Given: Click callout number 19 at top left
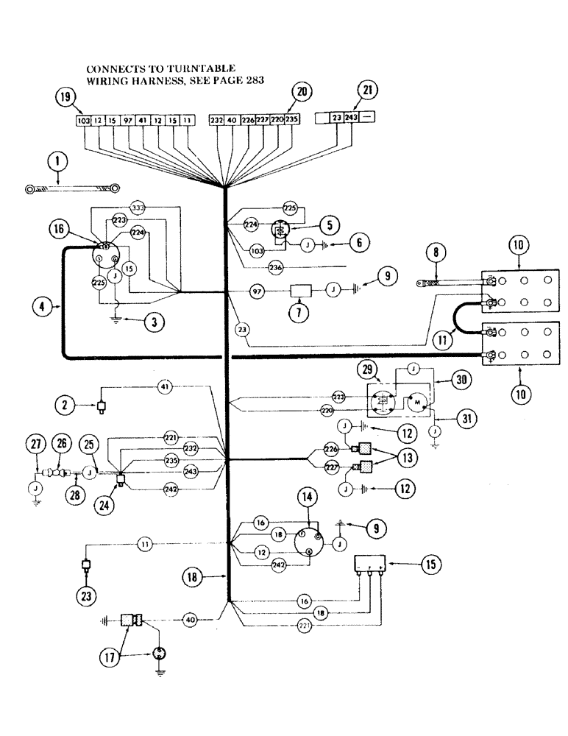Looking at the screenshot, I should tap(66, 96).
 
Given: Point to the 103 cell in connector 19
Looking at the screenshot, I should tap(82, 119).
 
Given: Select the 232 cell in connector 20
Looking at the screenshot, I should tap(216, 119).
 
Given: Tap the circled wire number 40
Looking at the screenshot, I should tap(191, 620).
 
